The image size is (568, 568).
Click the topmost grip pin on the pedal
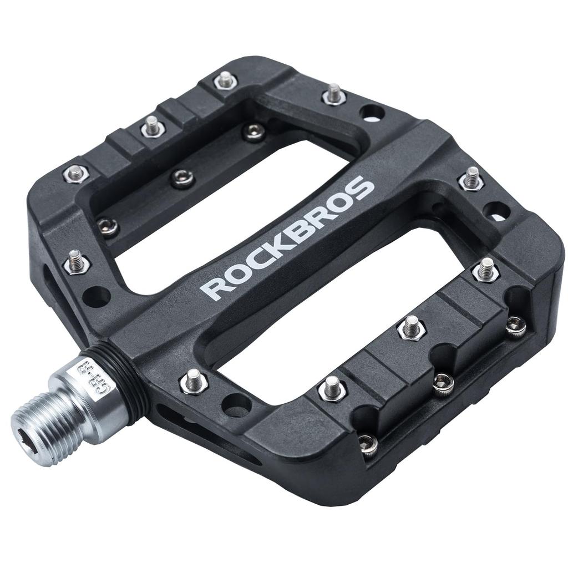point(224,80)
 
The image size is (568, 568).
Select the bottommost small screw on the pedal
point(367,444)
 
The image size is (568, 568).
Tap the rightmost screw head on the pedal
point(516,326)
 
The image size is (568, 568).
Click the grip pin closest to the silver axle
point(194,382)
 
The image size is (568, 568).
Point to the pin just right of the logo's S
point(471,179)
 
